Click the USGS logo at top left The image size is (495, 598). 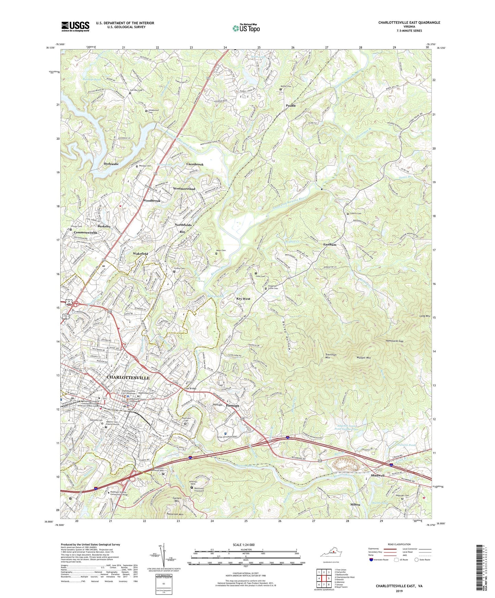(x=75, y=26)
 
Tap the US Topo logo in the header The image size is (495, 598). (x=246, y=28)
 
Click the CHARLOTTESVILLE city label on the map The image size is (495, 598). (x=128, y=377)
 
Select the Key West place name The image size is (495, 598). (x=243, y=299)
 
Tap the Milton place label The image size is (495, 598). (x=355, y=504)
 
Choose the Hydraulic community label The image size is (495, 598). (x=111, y=164)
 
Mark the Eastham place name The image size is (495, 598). (x=330, y=245)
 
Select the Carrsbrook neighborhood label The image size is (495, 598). (x=195, y=164)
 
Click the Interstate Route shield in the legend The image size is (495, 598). (x=371, y=560)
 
